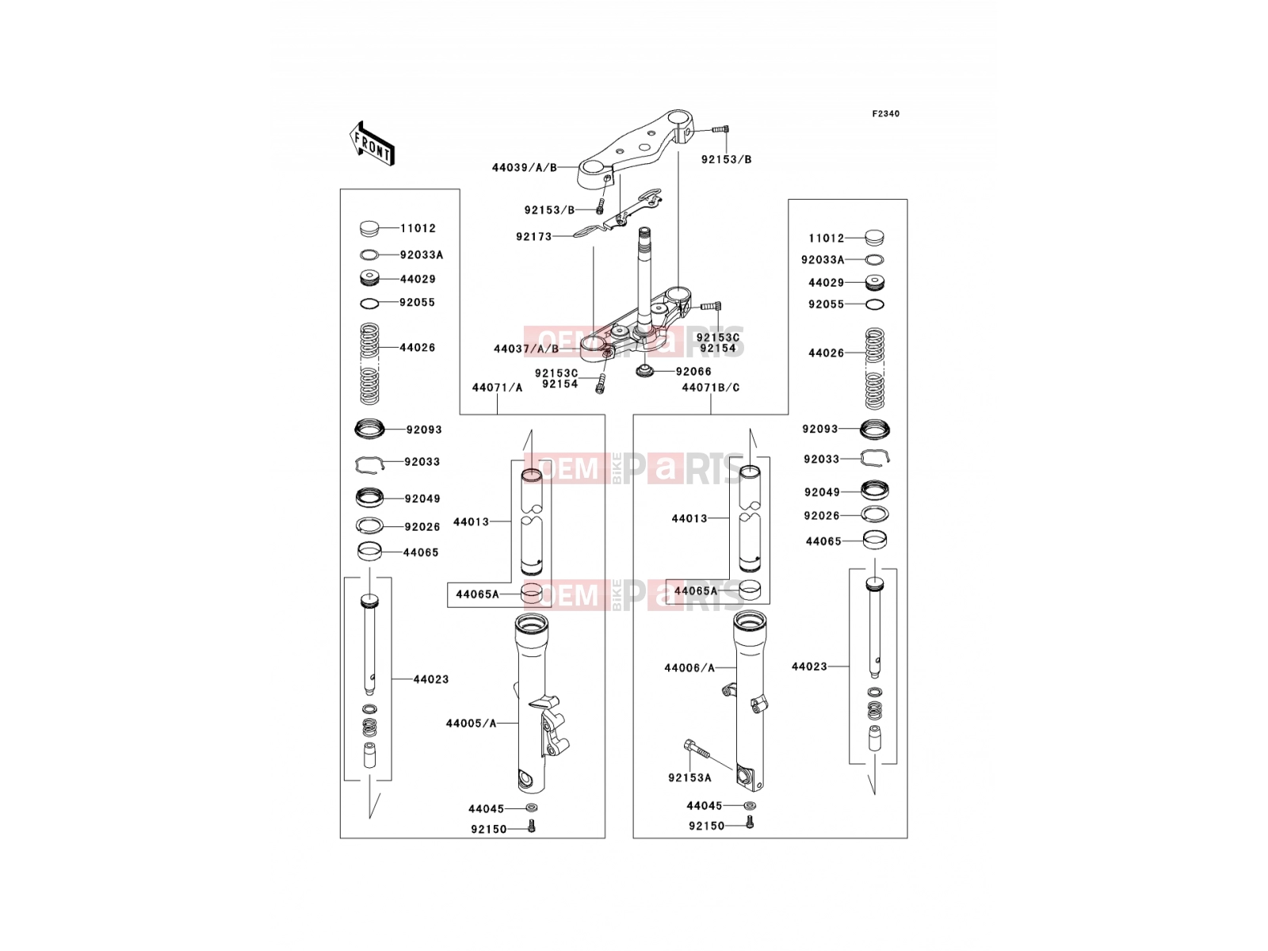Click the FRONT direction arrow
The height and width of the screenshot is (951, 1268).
[x=372, y=144]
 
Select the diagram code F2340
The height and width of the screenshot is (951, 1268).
[x=885, y=114]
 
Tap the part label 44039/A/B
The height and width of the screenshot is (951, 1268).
[x=525, y=167]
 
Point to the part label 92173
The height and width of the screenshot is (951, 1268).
[x=534, y=237]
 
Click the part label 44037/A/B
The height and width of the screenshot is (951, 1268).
[x=526, y=349]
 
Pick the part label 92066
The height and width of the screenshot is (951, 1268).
[x=693, y=371]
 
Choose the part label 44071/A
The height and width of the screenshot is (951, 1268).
[x=497, y=388]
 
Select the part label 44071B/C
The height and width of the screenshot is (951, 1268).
[x=711, y=388]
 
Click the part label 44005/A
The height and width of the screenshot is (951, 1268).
[x=471, y=723]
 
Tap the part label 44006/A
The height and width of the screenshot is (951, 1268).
[x=689, y=668]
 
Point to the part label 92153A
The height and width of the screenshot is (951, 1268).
[x=689, y=777]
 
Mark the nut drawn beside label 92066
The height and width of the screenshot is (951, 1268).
[x=644, y=371]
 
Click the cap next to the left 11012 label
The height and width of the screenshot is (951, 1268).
[x=370, y=229]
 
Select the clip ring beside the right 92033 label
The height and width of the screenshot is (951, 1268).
[x=875, y=457]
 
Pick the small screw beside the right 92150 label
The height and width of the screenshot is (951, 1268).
[x=750, y=822]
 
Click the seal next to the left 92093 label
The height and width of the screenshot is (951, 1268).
[x=369, y=429]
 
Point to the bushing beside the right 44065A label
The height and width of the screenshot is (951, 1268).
[x=750, y=590]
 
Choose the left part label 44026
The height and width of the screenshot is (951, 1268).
[x=418, y=348]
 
